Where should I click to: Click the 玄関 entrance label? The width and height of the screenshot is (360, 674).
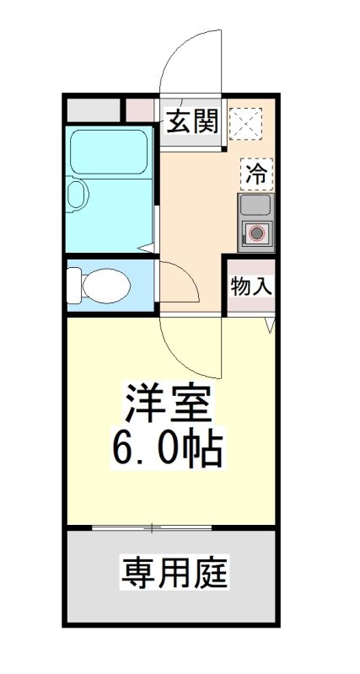191,123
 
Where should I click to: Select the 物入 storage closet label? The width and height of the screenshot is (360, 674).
251,286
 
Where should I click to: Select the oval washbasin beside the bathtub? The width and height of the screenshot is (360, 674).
78,195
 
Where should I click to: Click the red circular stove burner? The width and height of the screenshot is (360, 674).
256,233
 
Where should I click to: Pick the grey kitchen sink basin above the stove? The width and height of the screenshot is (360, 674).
255,205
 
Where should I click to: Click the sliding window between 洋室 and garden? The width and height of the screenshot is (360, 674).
152,528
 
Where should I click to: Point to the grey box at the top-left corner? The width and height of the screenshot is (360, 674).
93,110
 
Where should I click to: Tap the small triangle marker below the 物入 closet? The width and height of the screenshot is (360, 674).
271,325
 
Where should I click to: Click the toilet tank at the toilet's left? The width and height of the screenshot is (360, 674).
73,285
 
